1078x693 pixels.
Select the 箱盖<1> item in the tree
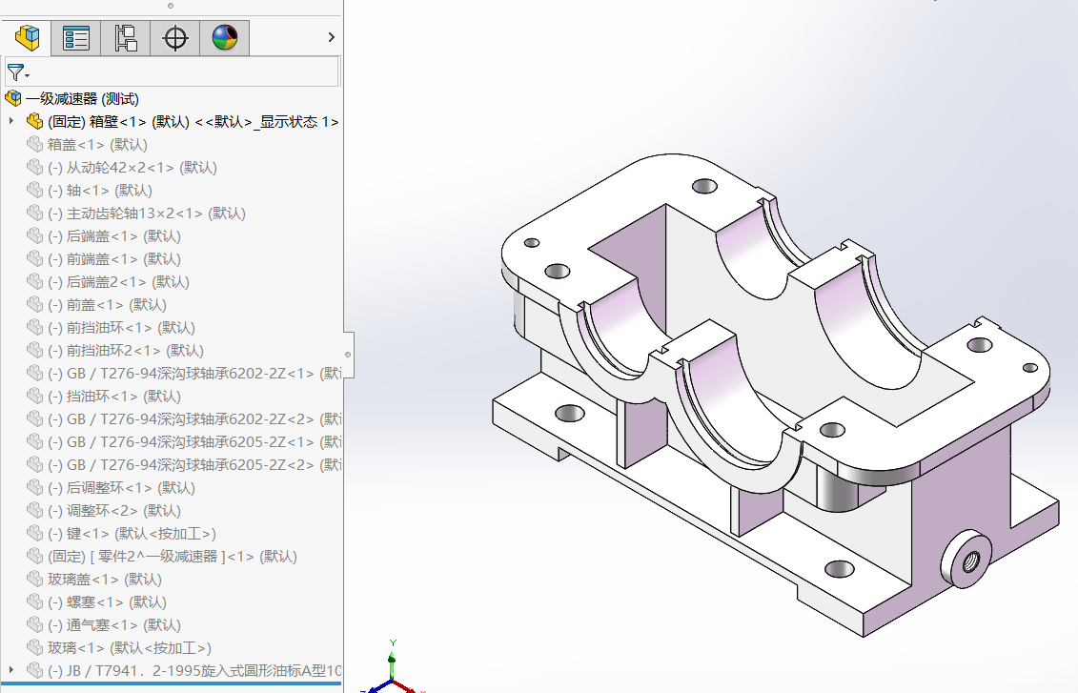97,145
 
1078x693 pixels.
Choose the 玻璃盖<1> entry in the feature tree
104,580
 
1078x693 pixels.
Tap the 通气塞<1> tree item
113,625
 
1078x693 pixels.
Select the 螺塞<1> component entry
107,602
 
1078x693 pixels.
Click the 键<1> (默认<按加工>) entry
132,534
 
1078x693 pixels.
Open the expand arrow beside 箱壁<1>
11,122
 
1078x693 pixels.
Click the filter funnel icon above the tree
15,72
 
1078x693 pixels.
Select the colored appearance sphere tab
225,38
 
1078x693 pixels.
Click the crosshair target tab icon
175,38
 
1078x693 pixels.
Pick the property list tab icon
76,38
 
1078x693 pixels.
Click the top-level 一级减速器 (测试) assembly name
82,99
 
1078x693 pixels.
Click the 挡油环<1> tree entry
113,397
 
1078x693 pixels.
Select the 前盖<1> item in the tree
107,305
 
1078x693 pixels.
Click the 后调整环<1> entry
121,488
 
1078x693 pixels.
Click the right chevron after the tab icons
331,38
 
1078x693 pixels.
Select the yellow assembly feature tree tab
27,38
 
